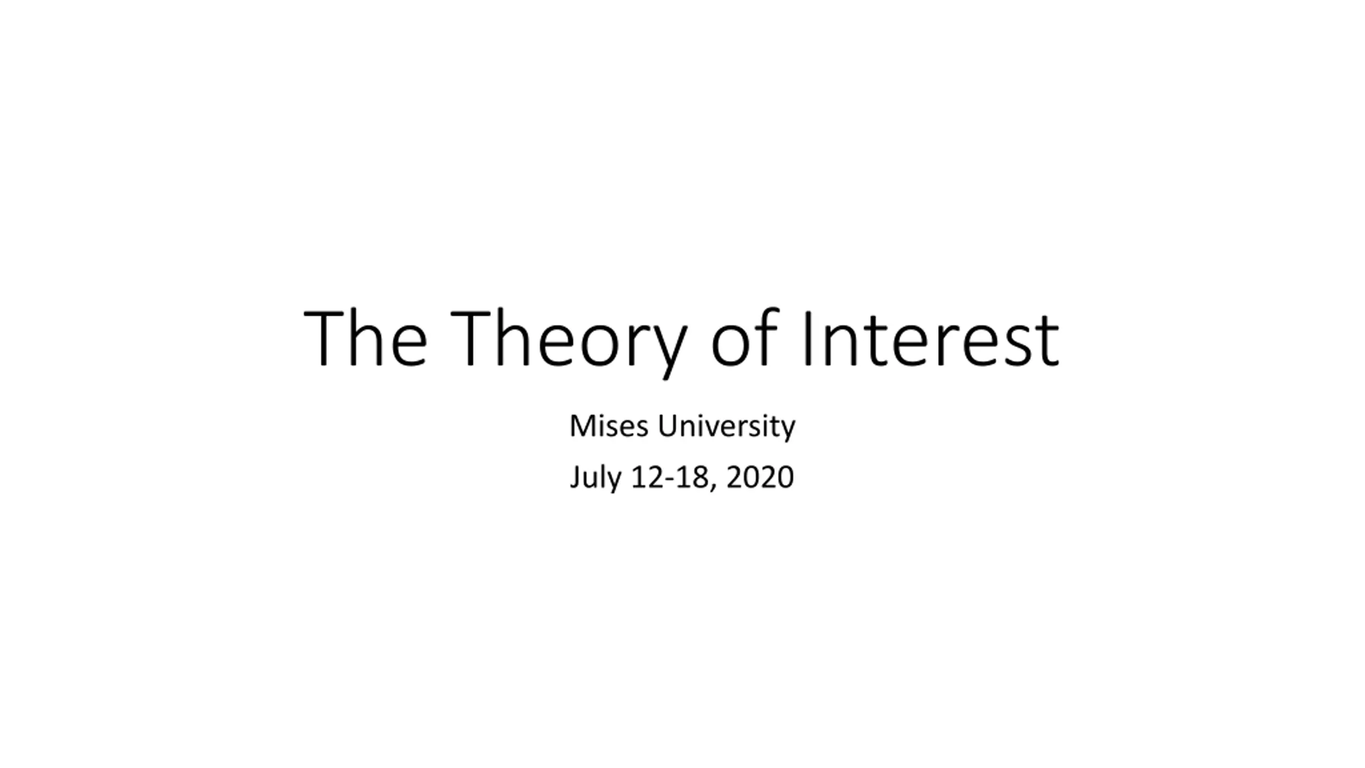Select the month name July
(595, 477)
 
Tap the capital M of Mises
(581, 426)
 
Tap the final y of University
(786, 431)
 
